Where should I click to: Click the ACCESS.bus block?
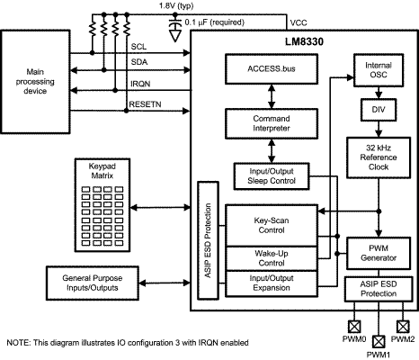(272, 69)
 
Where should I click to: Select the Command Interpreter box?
(272, 123)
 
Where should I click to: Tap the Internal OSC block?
(379, 70)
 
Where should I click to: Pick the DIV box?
(379, 110)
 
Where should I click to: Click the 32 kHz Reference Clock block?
(379, 157)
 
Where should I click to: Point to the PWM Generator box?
(379, 253)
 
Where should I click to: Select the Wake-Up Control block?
(272, 258)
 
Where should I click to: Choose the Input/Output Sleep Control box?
(272, 176)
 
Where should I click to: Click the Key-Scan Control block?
(272, 226)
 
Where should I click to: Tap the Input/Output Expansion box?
(272, 283)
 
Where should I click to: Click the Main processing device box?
(35, 82)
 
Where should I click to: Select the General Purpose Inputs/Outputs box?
(93, 283)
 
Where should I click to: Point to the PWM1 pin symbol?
(379, 341)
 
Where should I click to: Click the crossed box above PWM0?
(354, 327)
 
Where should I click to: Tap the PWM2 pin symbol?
(403, 327)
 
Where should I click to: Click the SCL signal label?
(138, 47)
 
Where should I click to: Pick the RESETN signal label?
(145, 104)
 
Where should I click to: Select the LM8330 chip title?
(304, 41)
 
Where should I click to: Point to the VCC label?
(299, 22)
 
